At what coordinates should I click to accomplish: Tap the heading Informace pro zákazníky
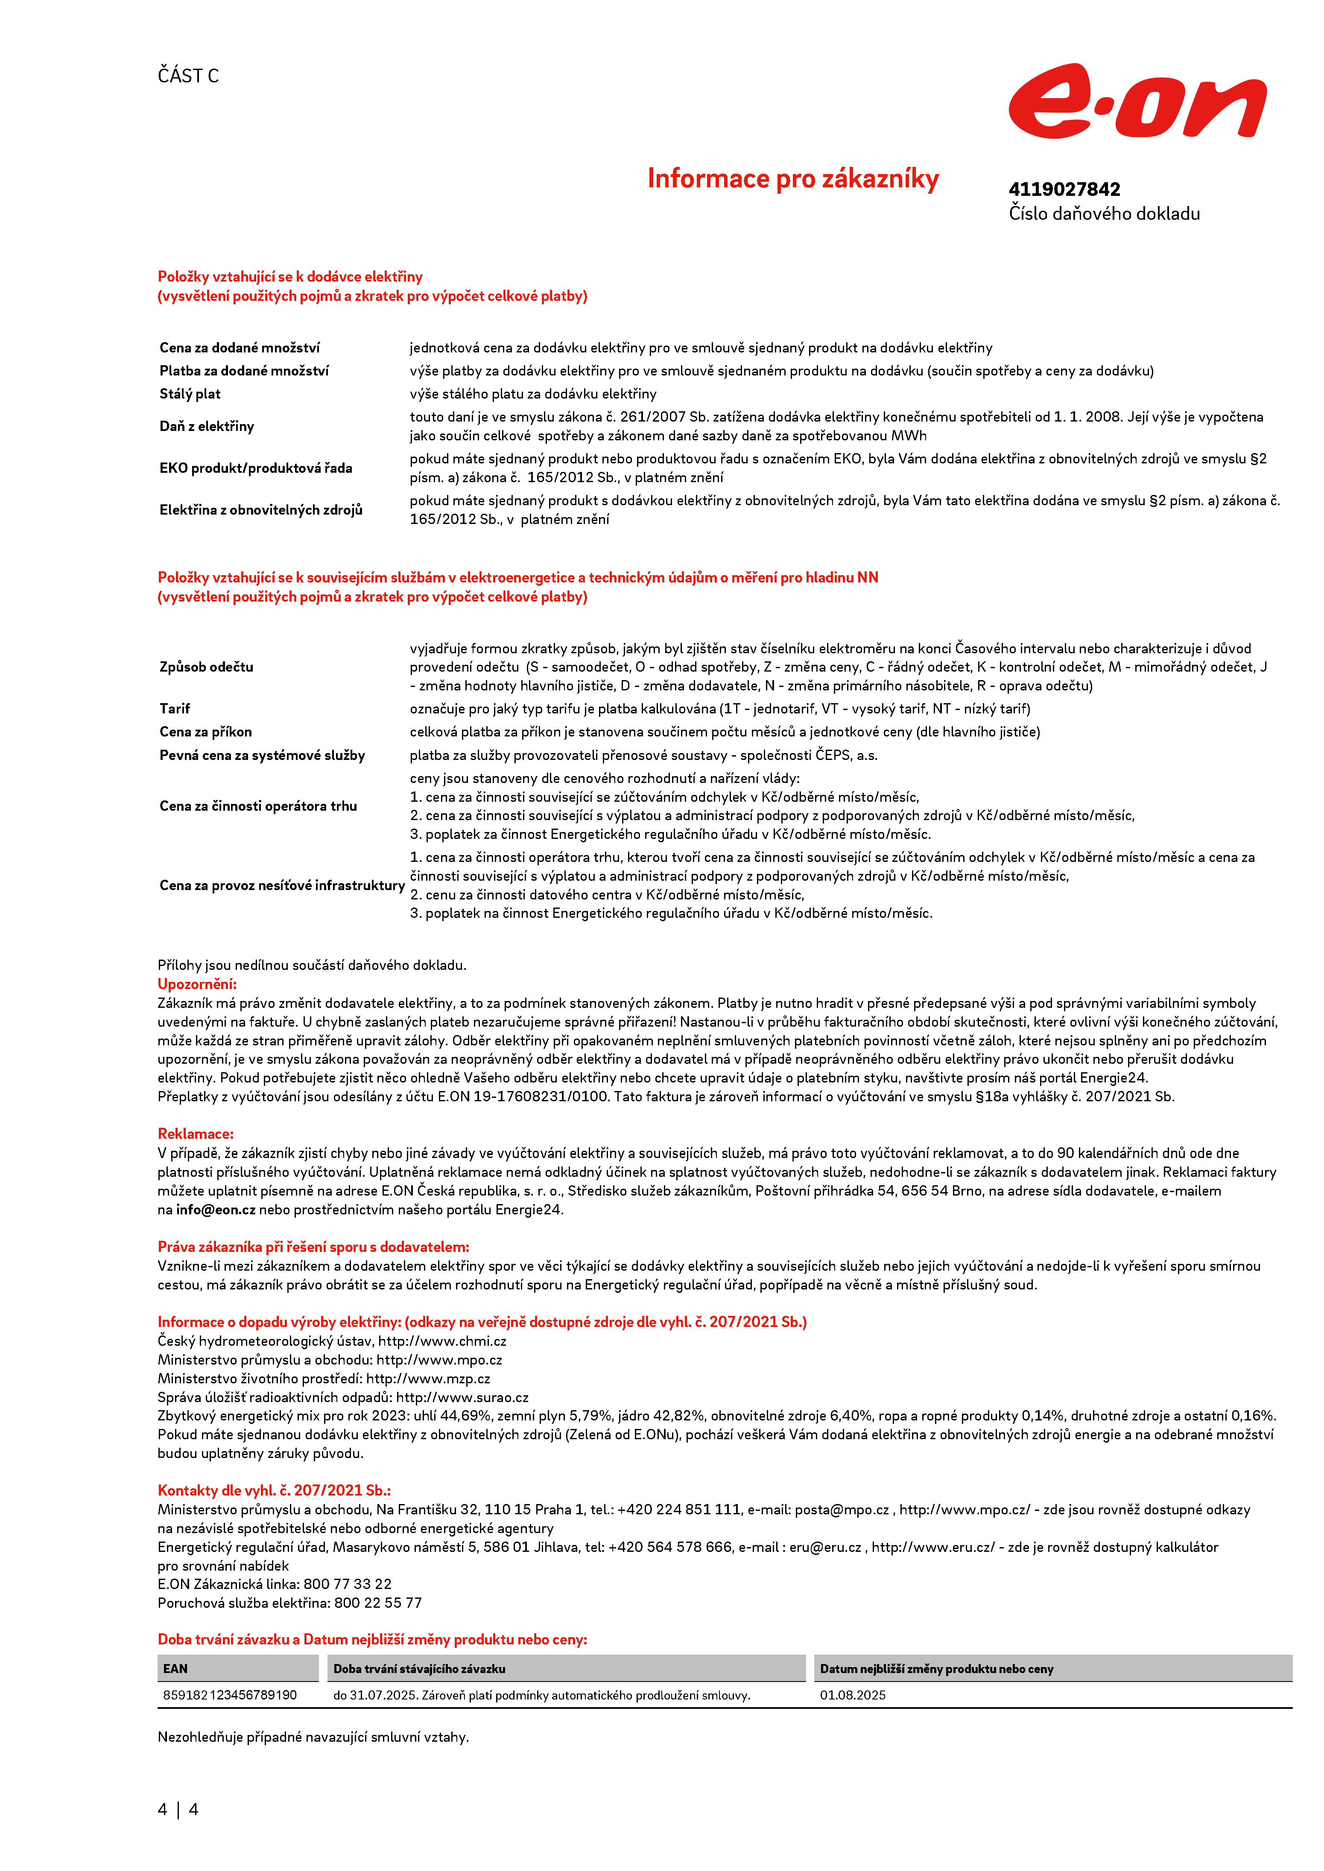tap(792, 178)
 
